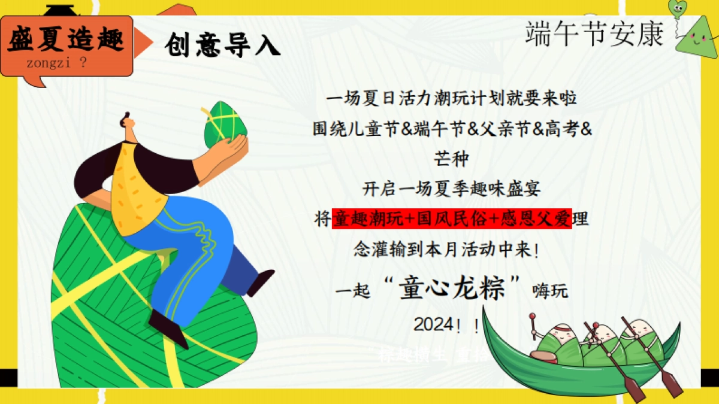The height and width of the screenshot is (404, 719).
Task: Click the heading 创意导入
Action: point(222,45)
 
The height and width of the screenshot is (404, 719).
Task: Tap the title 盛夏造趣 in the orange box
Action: point(67,40)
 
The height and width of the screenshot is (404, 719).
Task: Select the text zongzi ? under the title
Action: point(56,64)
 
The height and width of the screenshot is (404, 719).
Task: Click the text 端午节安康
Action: point(594,34)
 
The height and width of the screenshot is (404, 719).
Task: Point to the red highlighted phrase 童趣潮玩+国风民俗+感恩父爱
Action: point(452,219)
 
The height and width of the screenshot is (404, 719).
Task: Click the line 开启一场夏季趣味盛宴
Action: point(452,189)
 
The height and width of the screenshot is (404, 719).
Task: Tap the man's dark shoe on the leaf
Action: point(168,327)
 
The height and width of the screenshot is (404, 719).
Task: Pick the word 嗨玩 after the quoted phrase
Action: point(549,291)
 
